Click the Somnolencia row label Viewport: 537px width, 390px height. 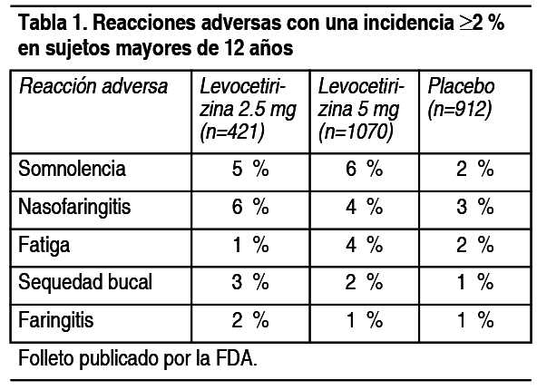72,169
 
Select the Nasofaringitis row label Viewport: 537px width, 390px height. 74,207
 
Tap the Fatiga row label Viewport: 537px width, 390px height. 44,245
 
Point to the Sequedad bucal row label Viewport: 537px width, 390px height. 85,282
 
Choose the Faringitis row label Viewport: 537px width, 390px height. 56,320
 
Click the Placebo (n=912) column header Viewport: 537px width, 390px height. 462,98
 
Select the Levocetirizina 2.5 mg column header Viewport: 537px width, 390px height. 248,109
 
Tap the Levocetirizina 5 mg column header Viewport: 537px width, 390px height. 361,109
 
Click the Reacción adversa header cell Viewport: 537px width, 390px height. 93,86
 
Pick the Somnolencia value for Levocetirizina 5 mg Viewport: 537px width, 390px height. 364,169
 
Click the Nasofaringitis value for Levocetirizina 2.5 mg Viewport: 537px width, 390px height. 250,207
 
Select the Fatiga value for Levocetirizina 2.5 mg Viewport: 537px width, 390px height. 250,245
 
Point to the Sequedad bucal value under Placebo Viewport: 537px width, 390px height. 475,282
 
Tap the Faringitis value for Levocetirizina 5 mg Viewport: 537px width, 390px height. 365,320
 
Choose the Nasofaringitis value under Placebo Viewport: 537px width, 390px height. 475,207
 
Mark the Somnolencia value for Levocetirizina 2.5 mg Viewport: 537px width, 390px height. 250,169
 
